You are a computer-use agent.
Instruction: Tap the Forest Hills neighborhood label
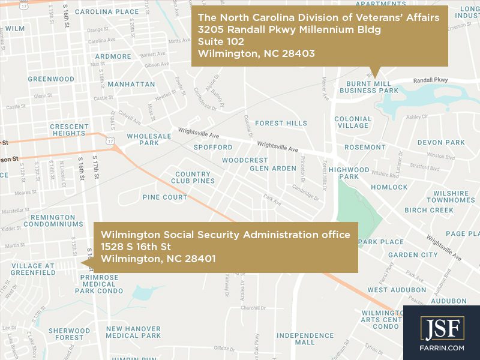click(281, 123)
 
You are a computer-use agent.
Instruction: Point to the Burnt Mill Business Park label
click(369, 87)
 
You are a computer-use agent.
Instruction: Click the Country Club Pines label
click(193, 178)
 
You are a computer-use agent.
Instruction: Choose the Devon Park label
click(441, 142)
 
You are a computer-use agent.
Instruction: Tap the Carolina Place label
click(107, 11)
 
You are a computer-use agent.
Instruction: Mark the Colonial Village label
click(353, 122)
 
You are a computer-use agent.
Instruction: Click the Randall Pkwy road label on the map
click(431, 80)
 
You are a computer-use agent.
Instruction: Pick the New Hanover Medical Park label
click(133, 332)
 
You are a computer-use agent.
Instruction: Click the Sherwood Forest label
click(69, 334)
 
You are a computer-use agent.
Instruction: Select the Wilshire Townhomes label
click(451, 197)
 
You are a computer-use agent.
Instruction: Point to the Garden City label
click(413, 255)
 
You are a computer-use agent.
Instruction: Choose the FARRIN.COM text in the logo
click(442, 346)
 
